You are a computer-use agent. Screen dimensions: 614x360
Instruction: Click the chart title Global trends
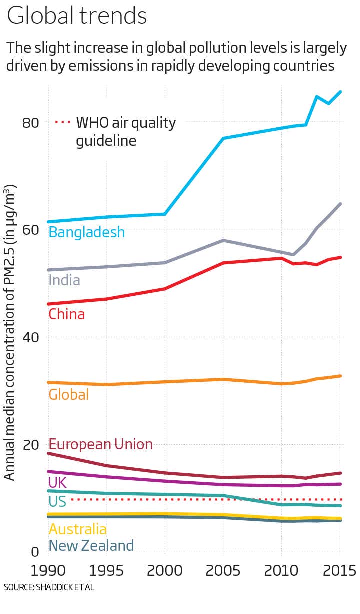coord(77,16)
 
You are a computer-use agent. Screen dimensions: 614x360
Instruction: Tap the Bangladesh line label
coord(86,232)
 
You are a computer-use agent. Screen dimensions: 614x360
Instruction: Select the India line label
coord(64,280)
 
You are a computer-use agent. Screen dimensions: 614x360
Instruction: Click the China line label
coord(66,314)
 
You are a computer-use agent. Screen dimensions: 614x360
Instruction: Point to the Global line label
coord(68,394)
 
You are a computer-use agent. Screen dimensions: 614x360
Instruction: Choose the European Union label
coord(100,444)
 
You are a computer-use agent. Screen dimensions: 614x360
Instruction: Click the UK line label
coord(57,482)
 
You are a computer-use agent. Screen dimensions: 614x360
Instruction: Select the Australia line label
coord(77,529)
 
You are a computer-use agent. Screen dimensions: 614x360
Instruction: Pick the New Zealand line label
coord(91,545)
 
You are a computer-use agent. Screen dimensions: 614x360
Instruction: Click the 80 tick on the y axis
coord(32,122)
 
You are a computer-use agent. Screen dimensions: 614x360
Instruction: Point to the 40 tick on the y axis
coord(32,337)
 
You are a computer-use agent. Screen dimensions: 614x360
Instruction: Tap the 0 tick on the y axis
coord(35,552)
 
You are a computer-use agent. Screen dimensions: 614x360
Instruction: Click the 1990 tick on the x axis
coord(49,570)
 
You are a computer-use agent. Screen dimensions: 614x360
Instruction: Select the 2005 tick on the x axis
coord(223,570)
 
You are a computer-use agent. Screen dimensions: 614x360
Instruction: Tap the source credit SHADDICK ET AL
coord(49,587)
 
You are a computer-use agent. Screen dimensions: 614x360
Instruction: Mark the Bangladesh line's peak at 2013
coord(317,96)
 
